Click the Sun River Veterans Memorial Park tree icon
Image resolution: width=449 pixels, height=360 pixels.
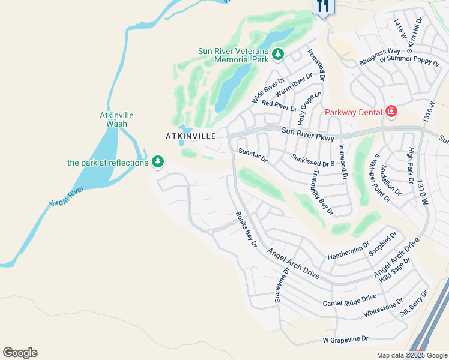point(277,55)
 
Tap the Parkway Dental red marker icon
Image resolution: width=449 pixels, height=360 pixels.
point(391,112)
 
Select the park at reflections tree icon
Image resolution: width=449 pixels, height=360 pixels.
point(158,162)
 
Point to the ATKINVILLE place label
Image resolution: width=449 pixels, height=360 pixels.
point(190,136)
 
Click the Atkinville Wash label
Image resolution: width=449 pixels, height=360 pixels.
point(116,119)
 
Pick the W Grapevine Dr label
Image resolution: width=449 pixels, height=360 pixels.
point(345,339)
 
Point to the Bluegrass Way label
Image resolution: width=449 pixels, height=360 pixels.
point(379,56)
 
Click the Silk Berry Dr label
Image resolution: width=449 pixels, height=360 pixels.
point(414,304)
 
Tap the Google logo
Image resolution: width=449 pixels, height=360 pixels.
point(20,352)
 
